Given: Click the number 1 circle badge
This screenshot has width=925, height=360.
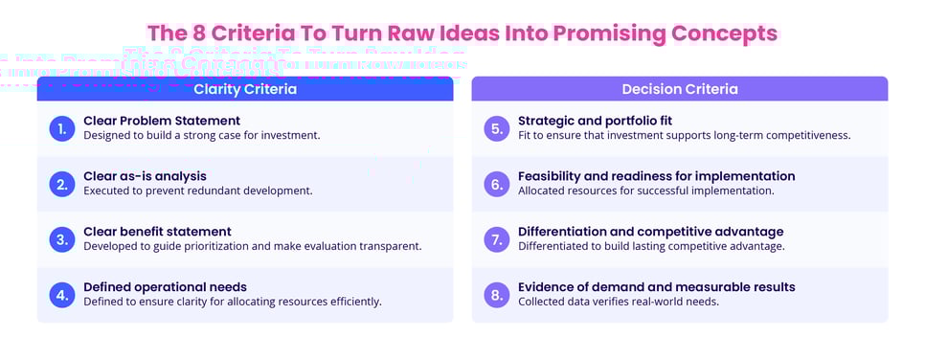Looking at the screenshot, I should pos(62,128).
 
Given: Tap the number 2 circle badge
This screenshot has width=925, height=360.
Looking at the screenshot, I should pos(62,184).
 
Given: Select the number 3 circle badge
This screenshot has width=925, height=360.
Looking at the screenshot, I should pos(62,239).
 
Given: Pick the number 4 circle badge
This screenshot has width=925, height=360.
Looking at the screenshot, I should pos(62,294).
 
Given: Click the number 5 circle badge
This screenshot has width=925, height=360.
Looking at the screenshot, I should pos(497,128).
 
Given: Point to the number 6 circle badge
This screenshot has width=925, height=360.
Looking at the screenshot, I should pos(497,184).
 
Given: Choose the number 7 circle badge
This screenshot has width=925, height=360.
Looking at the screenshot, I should pos(497,239).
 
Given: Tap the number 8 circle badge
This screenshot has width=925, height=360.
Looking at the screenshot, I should pos(497,294).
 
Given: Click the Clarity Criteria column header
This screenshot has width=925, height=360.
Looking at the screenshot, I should pos(245,89).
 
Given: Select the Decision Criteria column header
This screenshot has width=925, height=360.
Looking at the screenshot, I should pos(680,89).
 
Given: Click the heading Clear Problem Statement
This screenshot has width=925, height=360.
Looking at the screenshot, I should pos(162,121).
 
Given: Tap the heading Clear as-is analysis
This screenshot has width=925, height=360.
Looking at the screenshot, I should pos(145,176).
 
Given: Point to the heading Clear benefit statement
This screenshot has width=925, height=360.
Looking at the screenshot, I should pos(157,232).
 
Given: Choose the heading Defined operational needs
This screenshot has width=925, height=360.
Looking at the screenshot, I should pos(165,287).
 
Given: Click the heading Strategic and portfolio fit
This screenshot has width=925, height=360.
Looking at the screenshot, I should pos(596,121).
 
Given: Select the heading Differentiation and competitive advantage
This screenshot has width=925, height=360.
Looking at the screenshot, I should pos(650,232).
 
